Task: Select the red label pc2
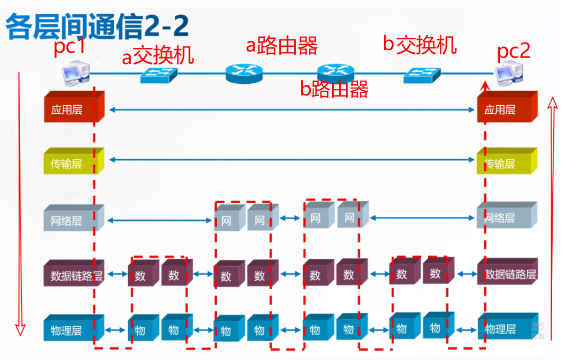tap(513, 51)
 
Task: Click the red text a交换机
tap(158, 57)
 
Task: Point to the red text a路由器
tap(282, 45)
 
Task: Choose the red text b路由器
tap(334, 88)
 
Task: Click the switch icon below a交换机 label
tap(159, 75)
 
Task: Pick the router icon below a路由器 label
tap(244, 73)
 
